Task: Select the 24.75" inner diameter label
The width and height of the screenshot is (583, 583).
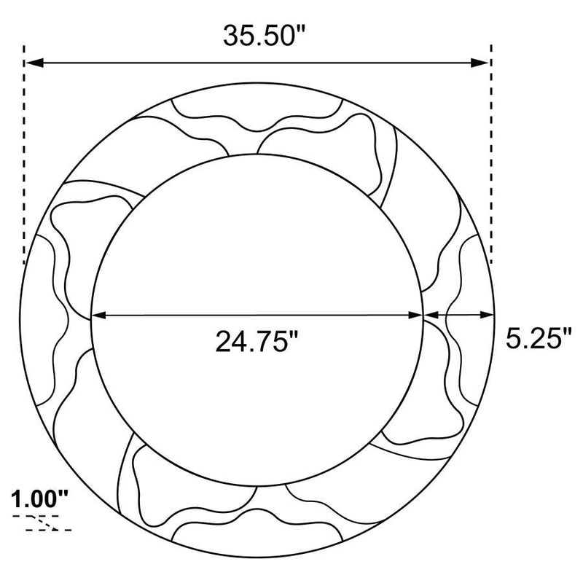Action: [x=257, y=340]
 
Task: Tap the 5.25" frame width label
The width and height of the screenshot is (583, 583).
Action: [x=538, y=339]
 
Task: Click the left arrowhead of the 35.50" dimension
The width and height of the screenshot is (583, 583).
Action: [x=34, y=63]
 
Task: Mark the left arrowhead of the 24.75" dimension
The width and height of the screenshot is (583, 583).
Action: [x=98, y=316]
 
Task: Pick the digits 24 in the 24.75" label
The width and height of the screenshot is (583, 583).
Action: [x=229, y=340]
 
